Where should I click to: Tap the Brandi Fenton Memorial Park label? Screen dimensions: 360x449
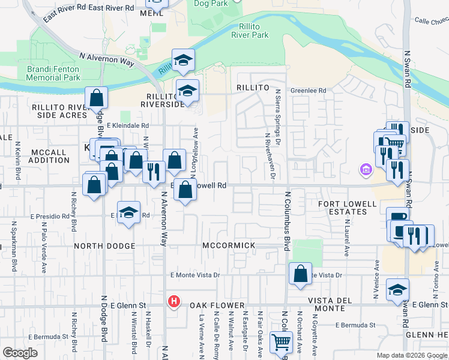point(53,73)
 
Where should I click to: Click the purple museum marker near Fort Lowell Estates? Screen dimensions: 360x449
point(364,171)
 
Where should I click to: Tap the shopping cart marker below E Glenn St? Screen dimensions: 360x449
point(281,344)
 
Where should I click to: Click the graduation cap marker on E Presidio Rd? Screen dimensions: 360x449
point(129,213)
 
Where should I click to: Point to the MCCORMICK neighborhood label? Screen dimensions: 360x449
point(229,246)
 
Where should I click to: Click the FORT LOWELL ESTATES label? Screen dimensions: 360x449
point(348,208)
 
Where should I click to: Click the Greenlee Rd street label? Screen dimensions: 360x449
point(308,91)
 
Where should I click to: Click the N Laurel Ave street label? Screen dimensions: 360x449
point(347,238)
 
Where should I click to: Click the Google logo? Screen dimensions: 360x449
point(20,353)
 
